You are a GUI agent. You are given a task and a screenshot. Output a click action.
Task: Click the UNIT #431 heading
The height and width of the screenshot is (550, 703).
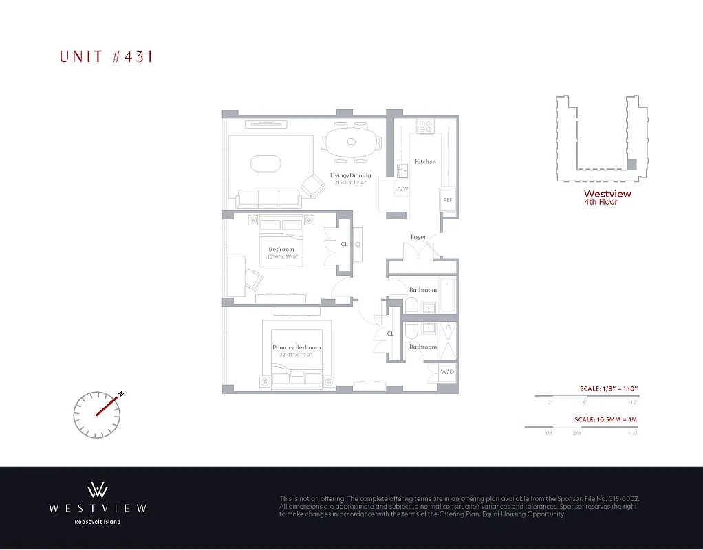pyautogui.click(x=106, y=56)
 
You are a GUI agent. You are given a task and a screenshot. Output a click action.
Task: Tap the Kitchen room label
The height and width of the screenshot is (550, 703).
pyautogui.click(x=425, y=162)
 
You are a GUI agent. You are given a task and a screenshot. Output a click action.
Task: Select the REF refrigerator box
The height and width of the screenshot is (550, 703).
pyautogui.click(x=448, y=199)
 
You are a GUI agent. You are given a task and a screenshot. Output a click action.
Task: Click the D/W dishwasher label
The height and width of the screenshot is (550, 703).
pyautogui.click(x=402, y=188)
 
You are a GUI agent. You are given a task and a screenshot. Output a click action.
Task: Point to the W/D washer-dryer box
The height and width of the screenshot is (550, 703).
pyautogui.click(x=447, y=371)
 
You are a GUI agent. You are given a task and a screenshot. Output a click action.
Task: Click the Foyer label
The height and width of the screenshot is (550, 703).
pyautogui.click(x=418, y=237)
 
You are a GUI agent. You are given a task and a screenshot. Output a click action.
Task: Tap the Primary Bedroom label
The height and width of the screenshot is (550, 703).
pyautogui.click(x=296, y=347)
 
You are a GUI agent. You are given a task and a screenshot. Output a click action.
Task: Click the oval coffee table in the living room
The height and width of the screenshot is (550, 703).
pyautogui.click(x=266, y=164)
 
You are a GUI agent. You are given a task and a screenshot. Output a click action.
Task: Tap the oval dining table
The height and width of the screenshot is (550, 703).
pyautogui.click(x=351, y=142)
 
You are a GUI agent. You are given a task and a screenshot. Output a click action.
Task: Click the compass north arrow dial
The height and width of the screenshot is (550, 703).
pyautogui.click(x=96, y=414)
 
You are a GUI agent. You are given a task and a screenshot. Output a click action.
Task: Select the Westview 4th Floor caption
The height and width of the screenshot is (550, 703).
pyautogui.click(x=607, y=198)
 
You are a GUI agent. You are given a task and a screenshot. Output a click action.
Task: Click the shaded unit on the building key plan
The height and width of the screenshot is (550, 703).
pyautogui.click(x=632, y=165)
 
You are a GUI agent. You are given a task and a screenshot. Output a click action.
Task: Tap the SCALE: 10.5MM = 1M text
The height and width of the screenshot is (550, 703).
pyautogui.click(x=606, y=419)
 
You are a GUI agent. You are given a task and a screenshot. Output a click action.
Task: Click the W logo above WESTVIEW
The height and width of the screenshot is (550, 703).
pyautogui.click(x=97, y=489)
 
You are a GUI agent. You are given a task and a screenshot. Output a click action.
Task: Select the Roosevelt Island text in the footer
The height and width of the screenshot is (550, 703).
pyautogui.click(x=97, y=522)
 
